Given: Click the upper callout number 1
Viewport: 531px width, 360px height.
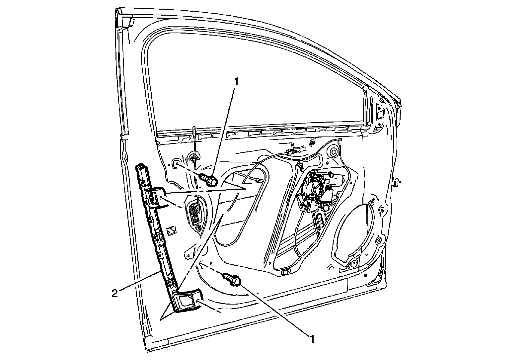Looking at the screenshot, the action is point(236,82).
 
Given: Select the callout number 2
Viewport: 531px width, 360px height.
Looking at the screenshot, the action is point(114,294).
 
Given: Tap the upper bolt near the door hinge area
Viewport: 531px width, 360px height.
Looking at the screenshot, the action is point(209,180).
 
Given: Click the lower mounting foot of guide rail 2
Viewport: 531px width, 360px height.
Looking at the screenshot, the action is point(188,301).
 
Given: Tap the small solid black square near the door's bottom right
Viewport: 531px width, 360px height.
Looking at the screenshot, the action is point(365,275).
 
